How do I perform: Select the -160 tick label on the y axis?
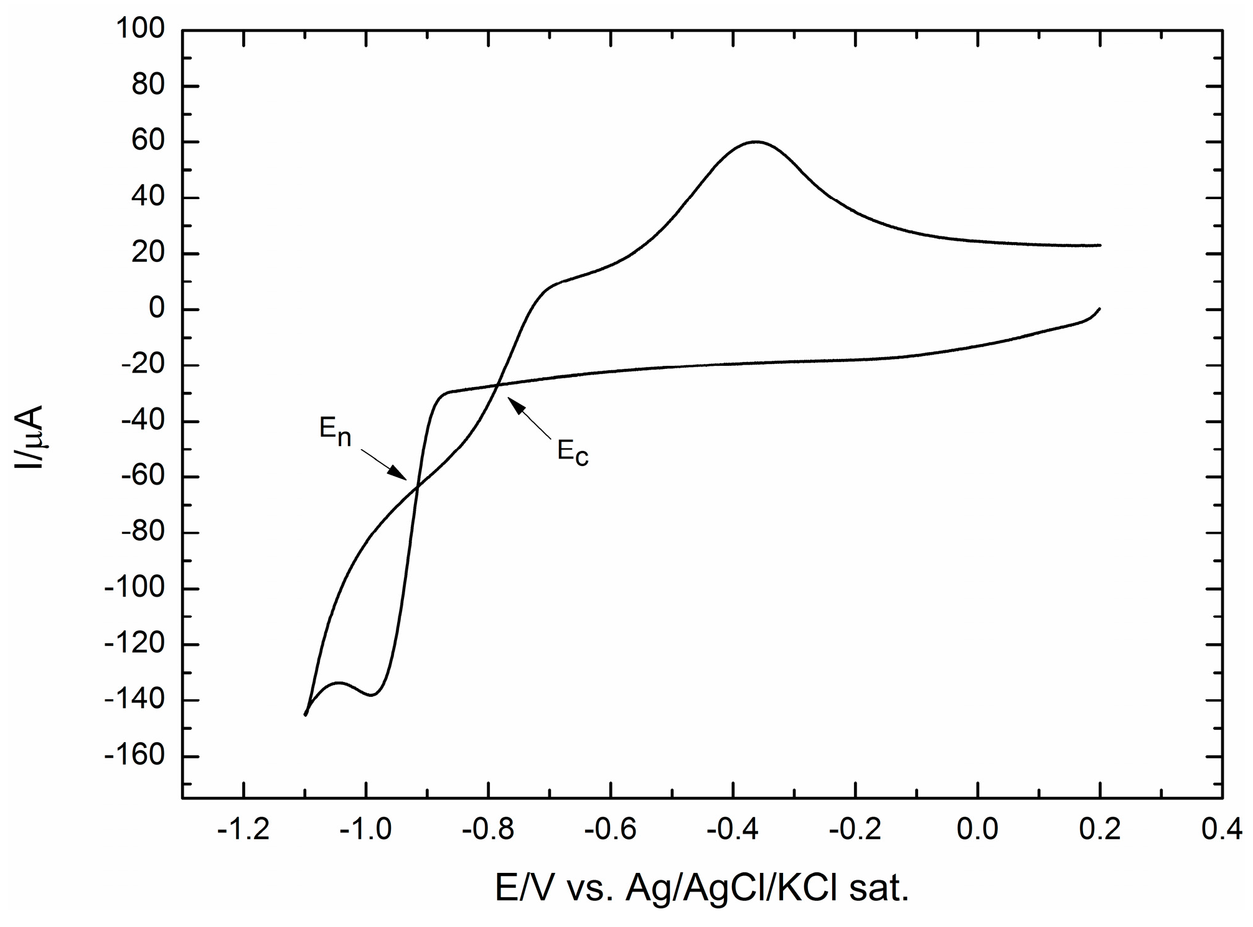tap(135, 757)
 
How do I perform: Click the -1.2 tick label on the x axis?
tap(243, 831)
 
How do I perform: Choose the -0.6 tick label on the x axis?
tap(611, 831)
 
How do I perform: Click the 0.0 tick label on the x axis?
tap(978, 831)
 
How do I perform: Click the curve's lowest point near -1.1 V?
tap(306, 715)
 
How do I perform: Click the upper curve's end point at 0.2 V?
tap(1100, 245)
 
